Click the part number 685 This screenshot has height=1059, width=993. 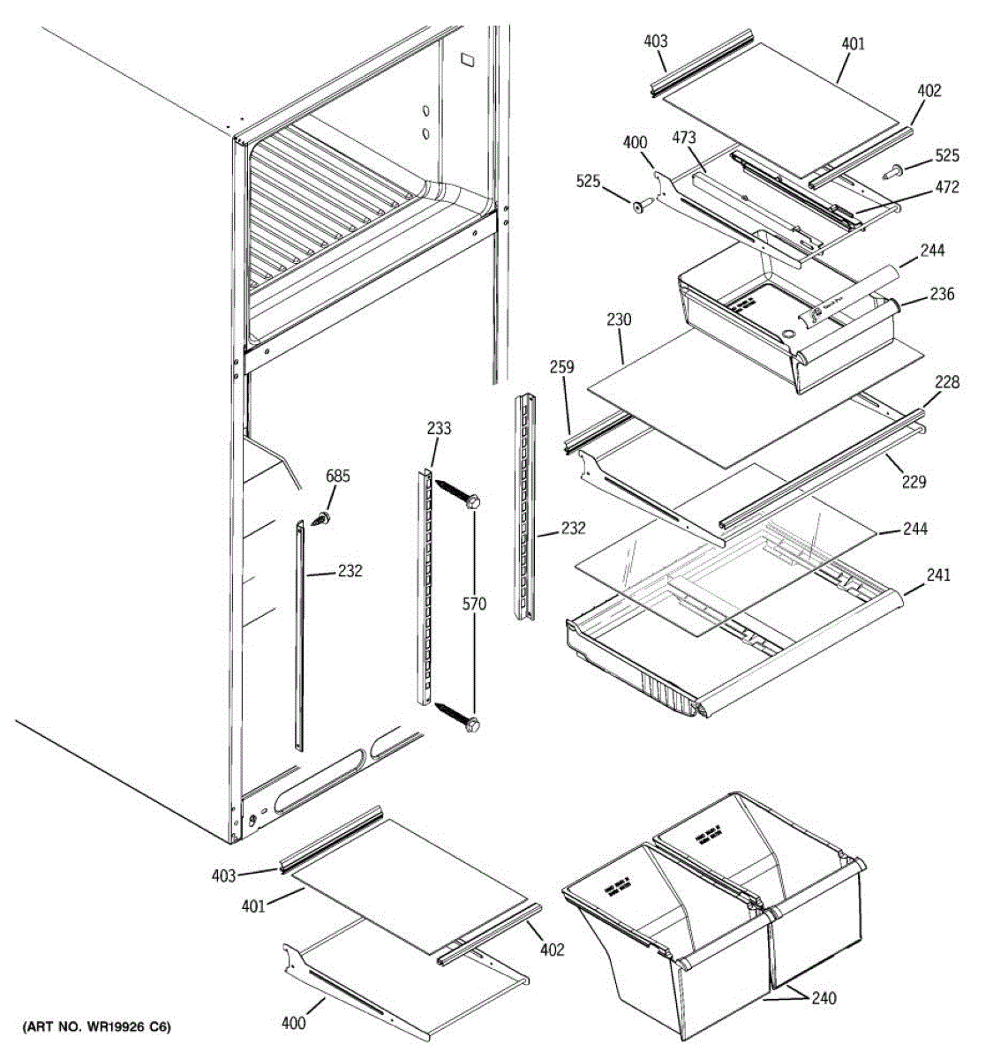(x=338, y=477)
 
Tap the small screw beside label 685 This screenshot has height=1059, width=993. (x=322, y=519)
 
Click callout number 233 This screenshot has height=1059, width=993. (x=439, y=429)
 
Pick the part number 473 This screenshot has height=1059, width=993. (x=684, y=138)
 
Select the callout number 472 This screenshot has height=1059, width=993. (x=946, y=187)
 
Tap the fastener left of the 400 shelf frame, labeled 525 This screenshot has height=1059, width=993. (x=641, y=206)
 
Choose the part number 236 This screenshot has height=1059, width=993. (x=942, y=294)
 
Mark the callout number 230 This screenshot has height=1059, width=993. (x=619, y=320)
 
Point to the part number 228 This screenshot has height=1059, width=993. (x=948, y=382)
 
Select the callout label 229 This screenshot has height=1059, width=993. (x=914, y=482)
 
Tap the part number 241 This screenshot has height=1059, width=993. (x=939, y=575)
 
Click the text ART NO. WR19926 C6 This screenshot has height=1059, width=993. (x=97, y=1026)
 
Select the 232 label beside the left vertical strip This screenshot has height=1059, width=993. (x=350, y=571)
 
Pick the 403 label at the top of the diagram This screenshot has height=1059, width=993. (x=655, y=41)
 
